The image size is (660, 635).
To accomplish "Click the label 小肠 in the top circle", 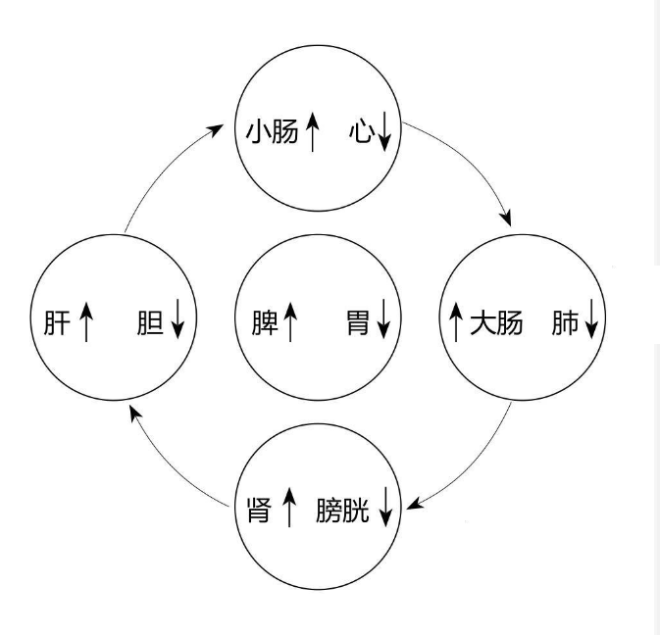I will pos(271,131).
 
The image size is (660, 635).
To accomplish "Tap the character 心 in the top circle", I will pos(360,131).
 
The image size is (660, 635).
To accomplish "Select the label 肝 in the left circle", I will pos(57,322).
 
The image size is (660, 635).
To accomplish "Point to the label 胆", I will pos(150,322).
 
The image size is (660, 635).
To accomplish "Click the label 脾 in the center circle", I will pos(264,322).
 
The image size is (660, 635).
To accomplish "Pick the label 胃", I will pos(358,322).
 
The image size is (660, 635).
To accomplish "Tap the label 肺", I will pos(565,322).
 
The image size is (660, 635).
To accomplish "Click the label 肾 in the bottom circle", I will pos(258,510).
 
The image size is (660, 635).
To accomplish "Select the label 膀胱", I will pos(343,510).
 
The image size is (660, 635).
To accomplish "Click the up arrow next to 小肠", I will pos(312,131).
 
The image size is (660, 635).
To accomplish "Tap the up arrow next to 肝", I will pos(85,322).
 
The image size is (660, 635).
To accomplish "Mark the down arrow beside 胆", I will pos(178,322).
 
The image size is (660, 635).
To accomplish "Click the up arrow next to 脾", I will pos(290,322).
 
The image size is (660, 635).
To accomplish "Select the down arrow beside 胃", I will pos(382,322).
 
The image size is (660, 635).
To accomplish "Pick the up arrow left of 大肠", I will pos(456,322).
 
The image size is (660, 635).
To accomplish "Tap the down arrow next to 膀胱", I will pos(385,510).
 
